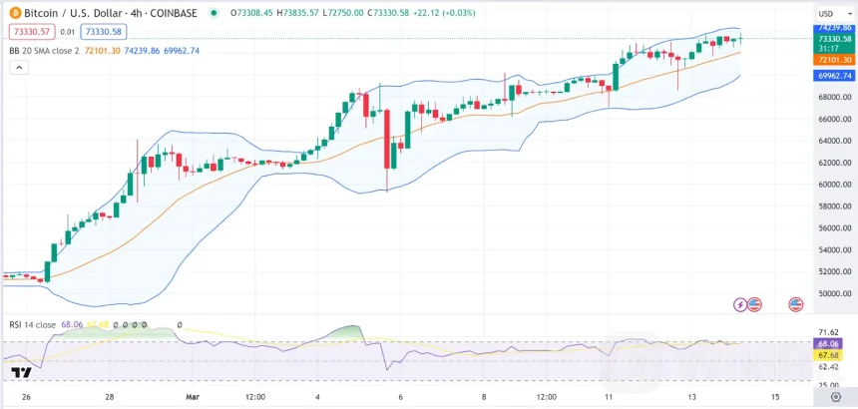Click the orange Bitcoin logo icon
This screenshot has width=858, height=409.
pos(14,13)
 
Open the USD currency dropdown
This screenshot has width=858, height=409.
pos(828,13)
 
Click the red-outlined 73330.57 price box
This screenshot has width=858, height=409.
pos(29,32)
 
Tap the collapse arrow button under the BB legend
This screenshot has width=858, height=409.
pos(17,68)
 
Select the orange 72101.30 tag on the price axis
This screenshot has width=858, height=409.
pos(832,60)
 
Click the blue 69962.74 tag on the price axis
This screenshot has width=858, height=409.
pos(832,76)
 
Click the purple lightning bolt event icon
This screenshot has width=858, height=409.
pos(740,303)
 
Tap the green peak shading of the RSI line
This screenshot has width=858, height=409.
pos(348,332)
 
